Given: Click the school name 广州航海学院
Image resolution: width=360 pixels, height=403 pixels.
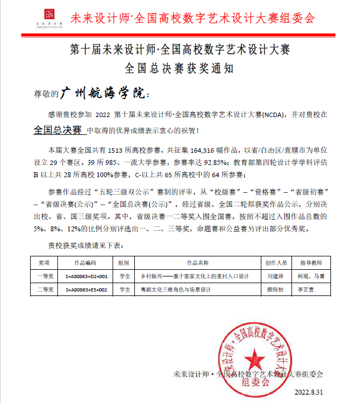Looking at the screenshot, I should point(104,93).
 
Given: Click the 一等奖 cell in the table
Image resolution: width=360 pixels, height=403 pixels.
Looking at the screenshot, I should point(44,276).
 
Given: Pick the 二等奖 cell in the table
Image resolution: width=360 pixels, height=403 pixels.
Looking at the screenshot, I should point(44,290).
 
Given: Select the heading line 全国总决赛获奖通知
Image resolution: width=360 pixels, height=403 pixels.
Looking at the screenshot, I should point(179,69).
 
